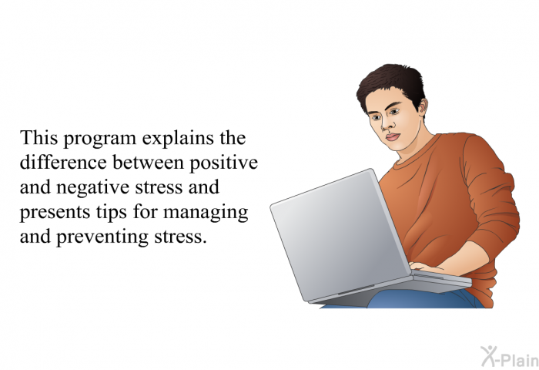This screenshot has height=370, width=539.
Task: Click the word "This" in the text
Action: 38,138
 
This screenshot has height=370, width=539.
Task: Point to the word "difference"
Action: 63,162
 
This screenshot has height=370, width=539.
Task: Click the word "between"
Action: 148,162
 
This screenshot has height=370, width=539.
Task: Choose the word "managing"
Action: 206,213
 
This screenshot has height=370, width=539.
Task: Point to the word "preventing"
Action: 102,238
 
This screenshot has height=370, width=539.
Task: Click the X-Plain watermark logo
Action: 510,356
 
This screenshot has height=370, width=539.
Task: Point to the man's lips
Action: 393,137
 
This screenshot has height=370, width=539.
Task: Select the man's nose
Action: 386,123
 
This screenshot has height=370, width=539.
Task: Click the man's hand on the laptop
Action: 423,267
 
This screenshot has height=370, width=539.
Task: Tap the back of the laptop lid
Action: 340,234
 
